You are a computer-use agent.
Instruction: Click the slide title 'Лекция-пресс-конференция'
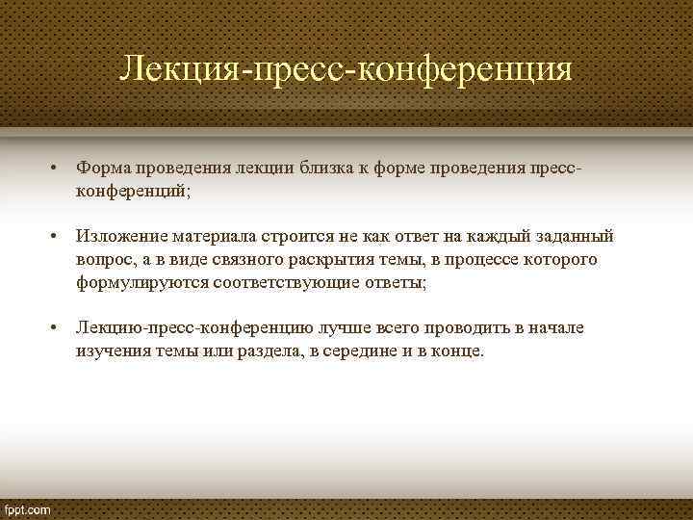[x=346, y=69]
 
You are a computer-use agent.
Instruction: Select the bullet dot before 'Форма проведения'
[x=56, y=169]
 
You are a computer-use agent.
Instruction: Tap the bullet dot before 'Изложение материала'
[x=56, y=237]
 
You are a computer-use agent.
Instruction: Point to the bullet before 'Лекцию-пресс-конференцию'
[x=56, y=328]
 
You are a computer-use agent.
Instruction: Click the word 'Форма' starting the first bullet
[x=101, y=169]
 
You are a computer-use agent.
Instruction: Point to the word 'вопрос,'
[x=105, y=260]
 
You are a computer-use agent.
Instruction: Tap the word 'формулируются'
[x=138, y=283]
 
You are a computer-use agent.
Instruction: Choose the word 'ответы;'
[x=394, y=283]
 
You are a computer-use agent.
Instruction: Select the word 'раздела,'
[x=265, y=351]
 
